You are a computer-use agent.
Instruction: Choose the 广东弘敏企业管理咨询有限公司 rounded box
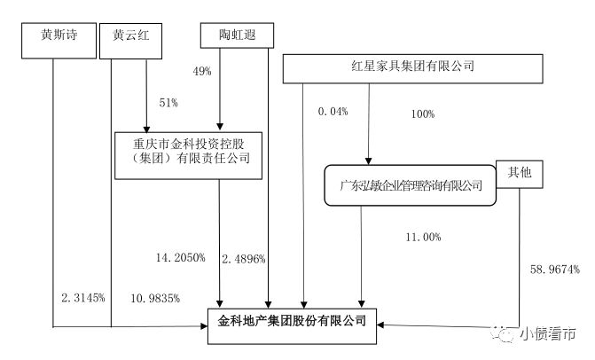click(x=411, y=186)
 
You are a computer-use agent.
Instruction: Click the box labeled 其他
click(x=519, y=176)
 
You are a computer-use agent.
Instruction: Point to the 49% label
click(x=201, y=70)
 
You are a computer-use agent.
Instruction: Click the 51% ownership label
click(x=168, y=104)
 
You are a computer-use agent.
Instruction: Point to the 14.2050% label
click(x=181, y=257)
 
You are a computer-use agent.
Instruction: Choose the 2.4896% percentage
click(x=244, y=258)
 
